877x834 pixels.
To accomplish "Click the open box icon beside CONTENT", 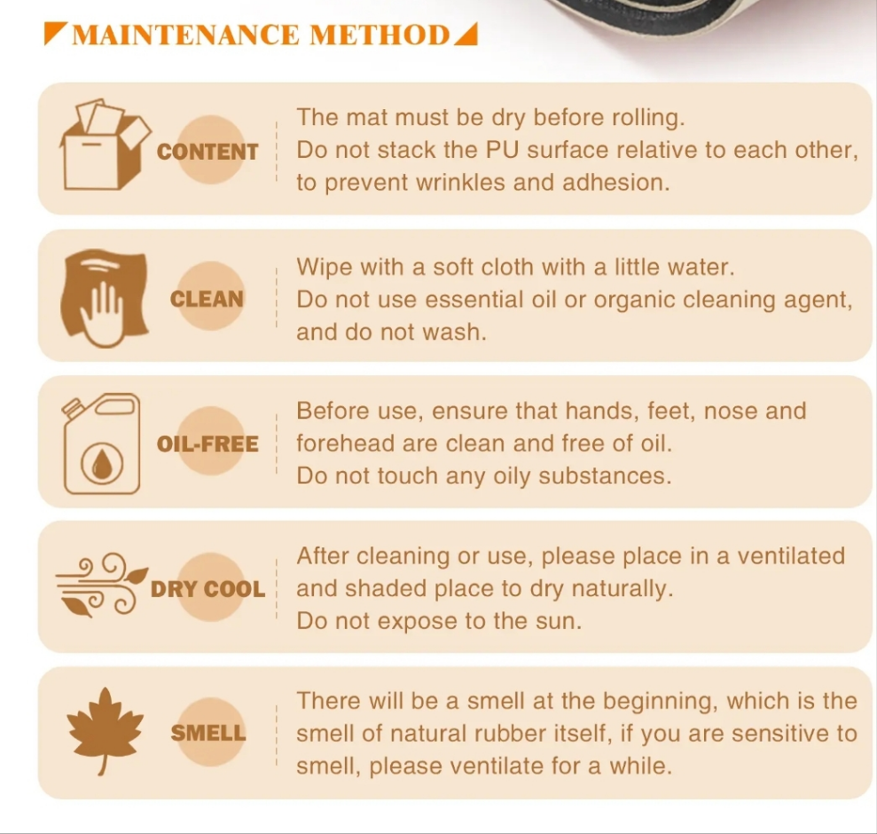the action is [106, 145].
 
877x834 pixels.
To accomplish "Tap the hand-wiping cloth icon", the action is [105, 298].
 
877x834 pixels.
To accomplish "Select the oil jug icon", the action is [101, 444].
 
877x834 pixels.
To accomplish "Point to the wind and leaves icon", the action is [102, 586].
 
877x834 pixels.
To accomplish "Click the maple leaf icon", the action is [105, 731].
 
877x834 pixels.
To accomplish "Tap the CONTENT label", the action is [208, 152].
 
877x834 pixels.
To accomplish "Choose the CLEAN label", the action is [207, 299].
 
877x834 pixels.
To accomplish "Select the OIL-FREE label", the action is [208, 444].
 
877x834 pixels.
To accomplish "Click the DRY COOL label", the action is [208, 589].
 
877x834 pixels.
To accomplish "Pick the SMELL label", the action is [208, 733].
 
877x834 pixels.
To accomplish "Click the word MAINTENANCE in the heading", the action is [185, 35].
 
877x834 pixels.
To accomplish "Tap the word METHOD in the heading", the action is [380, 35].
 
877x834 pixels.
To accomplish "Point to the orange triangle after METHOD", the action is [467, 35].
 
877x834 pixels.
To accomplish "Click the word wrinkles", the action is [461, 183].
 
